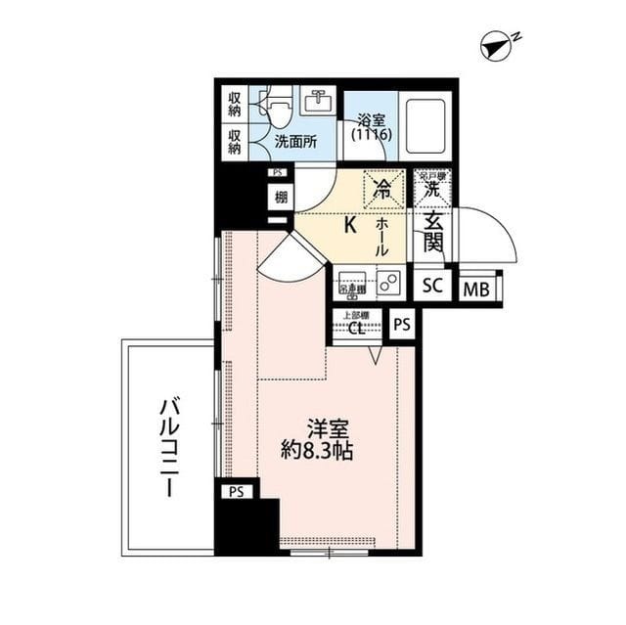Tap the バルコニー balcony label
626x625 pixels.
[168, 447]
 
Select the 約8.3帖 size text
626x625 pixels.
[316, 452]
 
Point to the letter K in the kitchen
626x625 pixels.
[349, 225]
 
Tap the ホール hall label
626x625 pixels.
[382, 237]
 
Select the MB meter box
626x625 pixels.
[477, 288]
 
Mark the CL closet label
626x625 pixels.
[359, 329]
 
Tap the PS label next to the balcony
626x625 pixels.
[235, 492]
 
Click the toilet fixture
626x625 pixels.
[276, 105]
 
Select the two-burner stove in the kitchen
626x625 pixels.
[388, 284]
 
